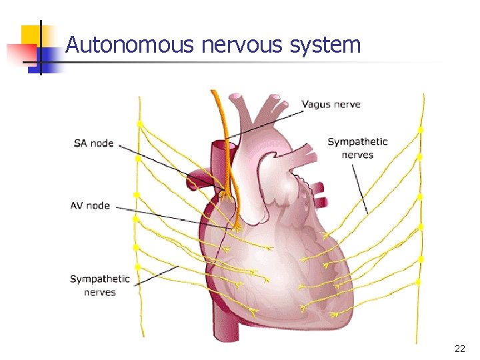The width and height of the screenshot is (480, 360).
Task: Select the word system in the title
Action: (x=326, y=45)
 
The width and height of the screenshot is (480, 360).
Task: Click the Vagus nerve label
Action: (x=331, y=104)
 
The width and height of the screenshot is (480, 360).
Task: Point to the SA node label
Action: (x=93, y=143)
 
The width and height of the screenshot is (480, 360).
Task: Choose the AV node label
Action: (x=90, y=205)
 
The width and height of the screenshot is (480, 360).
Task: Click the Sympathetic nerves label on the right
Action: (x=357, y=148)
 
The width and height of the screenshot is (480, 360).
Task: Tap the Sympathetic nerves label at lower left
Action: (x=100, y=285)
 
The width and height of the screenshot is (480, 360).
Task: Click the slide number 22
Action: (x=460, y=349)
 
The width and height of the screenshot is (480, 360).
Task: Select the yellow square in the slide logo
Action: (x=31, y=35)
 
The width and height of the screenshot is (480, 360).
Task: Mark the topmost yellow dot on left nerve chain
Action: (x=140, y=124)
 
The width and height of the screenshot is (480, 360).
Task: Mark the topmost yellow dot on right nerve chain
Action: (x=420, y=129)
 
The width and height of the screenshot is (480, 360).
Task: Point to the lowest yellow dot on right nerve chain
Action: (x=419, y=282)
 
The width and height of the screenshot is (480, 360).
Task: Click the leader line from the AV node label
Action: (x=173, y=217)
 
